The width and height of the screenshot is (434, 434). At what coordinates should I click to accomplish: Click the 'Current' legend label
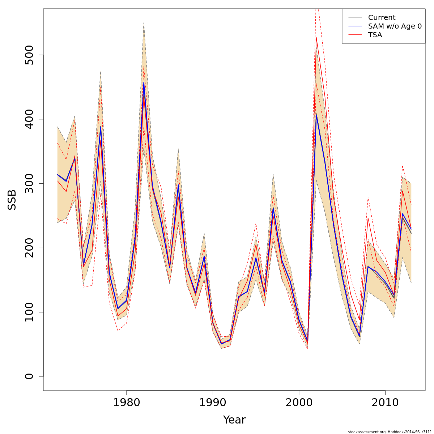pyautogui.click(x=382, y=18)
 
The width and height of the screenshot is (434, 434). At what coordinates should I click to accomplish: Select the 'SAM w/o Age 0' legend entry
pyautogui.click(x=395, y=26)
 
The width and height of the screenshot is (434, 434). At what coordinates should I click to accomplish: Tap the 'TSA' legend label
pyautogui.click(x=375, y=35)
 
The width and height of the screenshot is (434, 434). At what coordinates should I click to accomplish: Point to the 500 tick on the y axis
pyautogui.click(x=29, y=55)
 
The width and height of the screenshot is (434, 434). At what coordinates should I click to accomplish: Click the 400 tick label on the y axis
pyautogui.click(x=29, y=119)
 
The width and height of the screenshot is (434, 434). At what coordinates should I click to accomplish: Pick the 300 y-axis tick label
pyautogui.click(x=29, y=183)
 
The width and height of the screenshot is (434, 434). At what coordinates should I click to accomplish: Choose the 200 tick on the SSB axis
pyautogui.click(x=29, y=248)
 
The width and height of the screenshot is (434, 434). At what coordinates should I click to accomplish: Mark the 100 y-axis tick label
pyautogui.click(x=29, y=312)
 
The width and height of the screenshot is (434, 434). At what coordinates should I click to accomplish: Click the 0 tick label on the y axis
pyautogui.click(x=29, y=376)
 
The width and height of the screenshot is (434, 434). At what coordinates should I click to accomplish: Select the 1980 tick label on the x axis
pyautogui.click(x=127, y=403)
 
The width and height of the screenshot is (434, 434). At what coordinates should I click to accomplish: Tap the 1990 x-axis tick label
pyautogui.click(x=213, y=403)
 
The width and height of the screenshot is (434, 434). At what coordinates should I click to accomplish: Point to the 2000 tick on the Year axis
pyautogui.click(x=299, y=403)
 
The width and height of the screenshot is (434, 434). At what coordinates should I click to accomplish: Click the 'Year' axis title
pyautogui.click(x=234, y=420)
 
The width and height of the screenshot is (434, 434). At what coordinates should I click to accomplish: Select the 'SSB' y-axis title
pyautogui.click(x=12, y=200)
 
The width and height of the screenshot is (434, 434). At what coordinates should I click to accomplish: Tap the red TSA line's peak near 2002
pyautogui.click(x=316, y=37)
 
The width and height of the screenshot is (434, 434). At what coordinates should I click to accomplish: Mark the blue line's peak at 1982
pyautogui.click(x=144, y=82)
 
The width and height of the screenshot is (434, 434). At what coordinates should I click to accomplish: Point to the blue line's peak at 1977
pyautogui.click(x=101, y=126)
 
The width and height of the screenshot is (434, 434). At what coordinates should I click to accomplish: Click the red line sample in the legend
pyautogui.click(x=355, y=35)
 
